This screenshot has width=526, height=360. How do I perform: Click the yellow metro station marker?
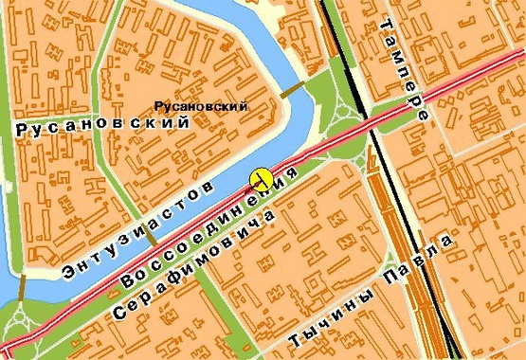(262, 177)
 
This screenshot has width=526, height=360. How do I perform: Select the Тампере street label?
(405, 69)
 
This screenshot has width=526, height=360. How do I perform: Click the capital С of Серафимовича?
(119, 313)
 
